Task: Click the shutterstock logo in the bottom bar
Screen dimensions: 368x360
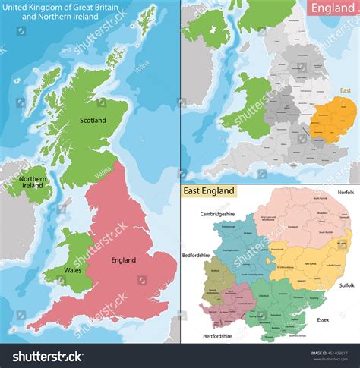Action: pyautogui.click(x=47, y=356)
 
